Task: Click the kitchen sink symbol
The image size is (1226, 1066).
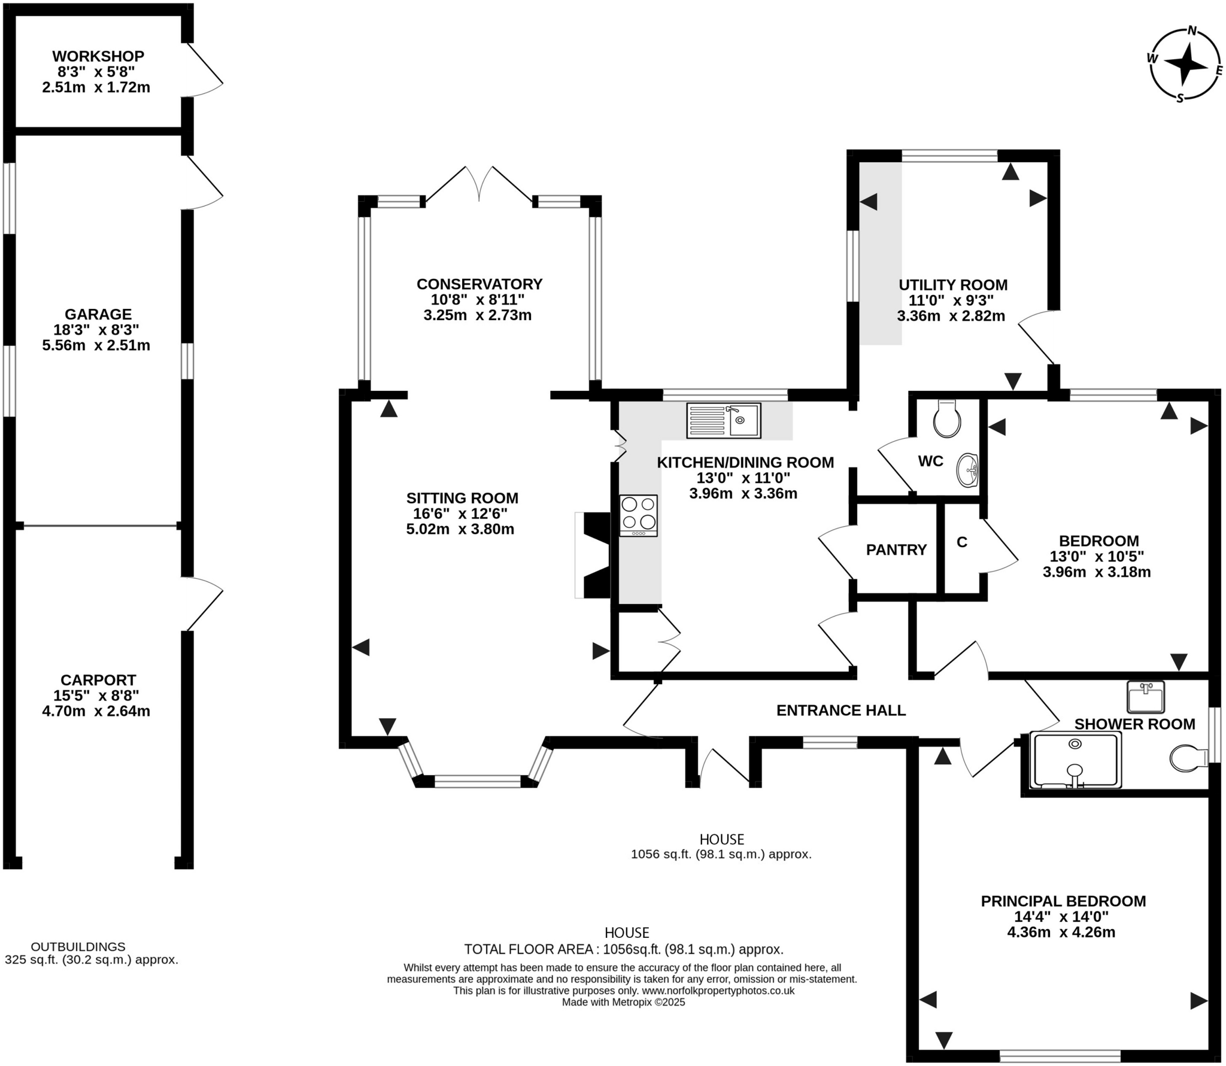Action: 724,420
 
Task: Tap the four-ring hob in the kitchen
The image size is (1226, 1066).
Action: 638,515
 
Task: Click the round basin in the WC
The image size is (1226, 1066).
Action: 967,470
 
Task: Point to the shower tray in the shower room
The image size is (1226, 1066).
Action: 1075,760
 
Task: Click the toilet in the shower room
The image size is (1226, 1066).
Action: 1188,758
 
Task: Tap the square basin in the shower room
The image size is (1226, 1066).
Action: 1145,697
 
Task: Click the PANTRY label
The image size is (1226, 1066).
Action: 896,549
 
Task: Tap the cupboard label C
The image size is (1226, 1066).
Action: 961,542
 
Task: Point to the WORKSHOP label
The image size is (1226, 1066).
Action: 98,56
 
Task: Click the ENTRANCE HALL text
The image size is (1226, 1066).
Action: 840,710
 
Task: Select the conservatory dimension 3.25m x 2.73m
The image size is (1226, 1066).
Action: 477,315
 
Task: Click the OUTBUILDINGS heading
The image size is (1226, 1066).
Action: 78,947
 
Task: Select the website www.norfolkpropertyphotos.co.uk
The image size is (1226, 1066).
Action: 718,991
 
